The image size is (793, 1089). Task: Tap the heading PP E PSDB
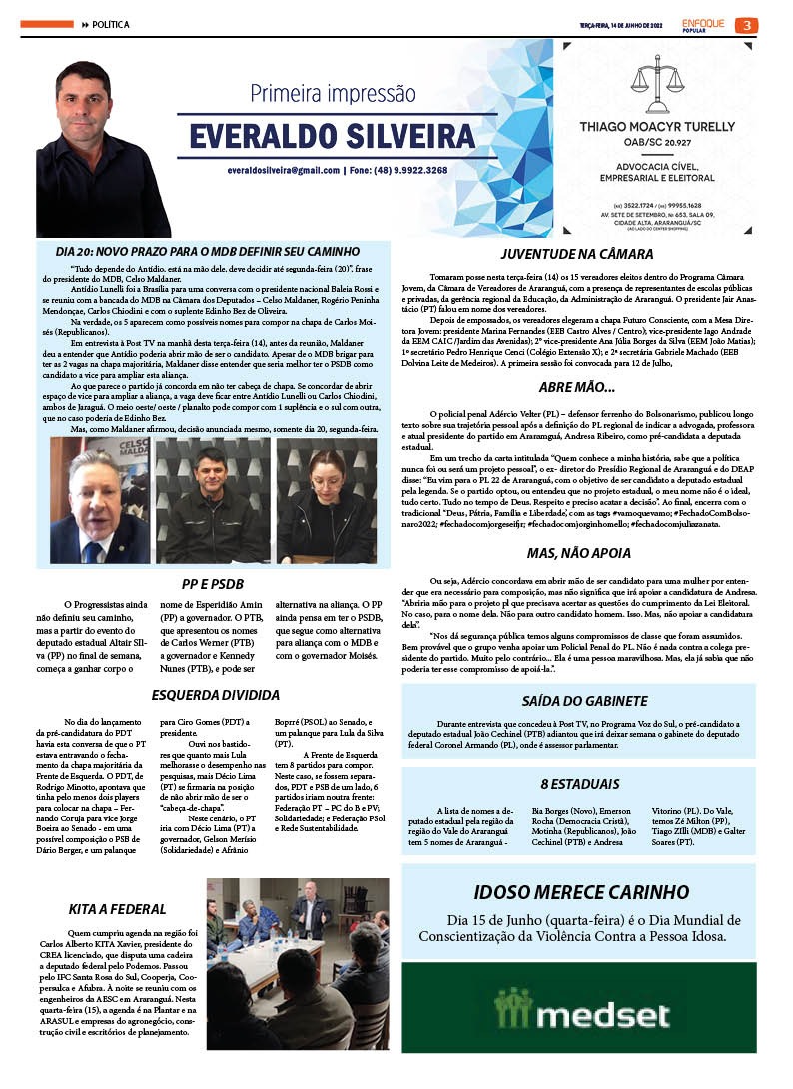point(213,583)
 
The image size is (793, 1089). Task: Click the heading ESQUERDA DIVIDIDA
point(215,695)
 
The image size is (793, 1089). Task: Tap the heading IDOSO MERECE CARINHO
point(580,891)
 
